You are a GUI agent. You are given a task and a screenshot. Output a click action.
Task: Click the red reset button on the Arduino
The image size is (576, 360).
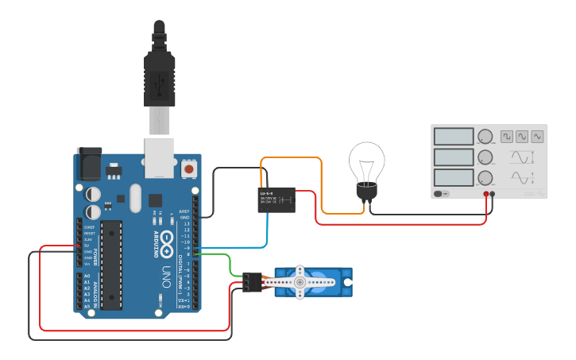pos(189,169)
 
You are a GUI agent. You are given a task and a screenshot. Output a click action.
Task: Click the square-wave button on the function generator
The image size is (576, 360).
pos(506,137)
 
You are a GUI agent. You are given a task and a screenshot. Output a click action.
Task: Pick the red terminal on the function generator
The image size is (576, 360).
pos(486,194)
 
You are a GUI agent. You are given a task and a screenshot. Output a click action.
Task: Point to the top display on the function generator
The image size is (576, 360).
pos(454,137)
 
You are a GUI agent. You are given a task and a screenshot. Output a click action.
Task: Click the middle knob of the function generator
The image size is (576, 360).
pos(485,157)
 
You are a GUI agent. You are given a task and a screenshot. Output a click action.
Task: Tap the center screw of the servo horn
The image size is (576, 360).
pos(300,282)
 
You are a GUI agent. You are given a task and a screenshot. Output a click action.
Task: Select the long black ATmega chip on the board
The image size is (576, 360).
pos(111,265)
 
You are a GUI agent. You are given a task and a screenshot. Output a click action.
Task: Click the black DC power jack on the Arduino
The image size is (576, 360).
pos(88,165)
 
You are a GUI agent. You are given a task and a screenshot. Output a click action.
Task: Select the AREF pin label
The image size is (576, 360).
pos(184,211)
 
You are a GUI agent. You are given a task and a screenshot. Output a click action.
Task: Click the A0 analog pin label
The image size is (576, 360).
pos(87,276)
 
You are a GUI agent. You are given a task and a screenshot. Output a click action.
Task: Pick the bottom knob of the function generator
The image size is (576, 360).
pos(485,177)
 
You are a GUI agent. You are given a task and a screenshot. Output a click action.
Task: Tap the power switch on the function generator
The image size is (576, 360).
pos(440,194)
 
